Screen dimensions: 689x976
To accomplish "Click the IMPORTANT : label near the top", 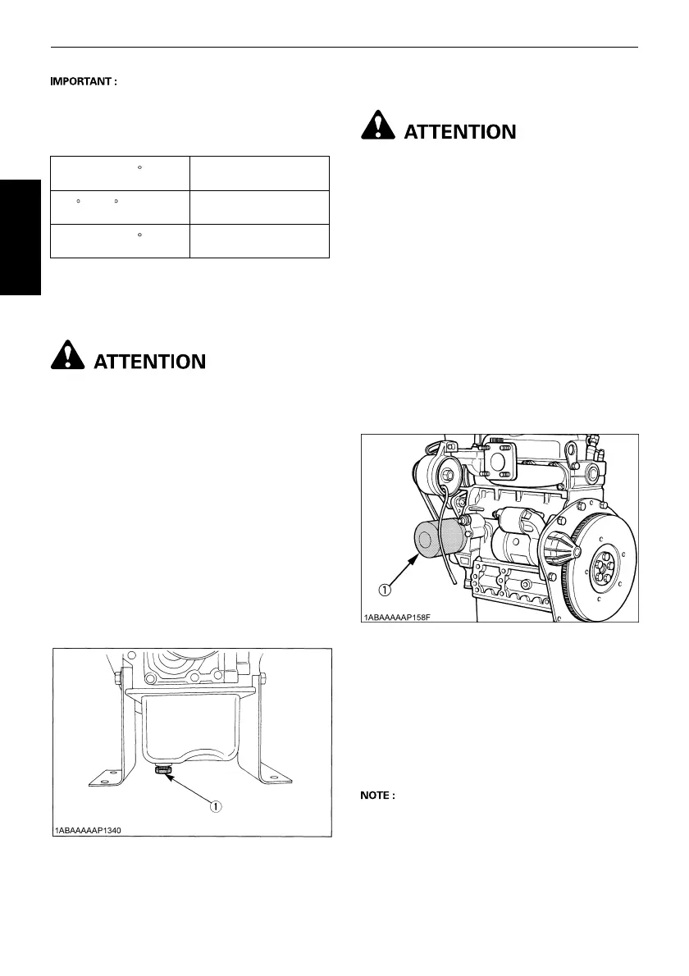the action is [x=85, y=82].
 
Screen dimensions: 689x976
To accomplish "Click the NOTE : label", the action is [x=379, y=795].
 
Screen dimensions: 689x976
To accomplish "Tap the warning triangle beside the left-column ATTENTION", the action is [x=68, y=357].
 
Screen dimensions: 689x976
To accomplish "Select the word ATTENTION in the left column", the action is [x=150, y=360].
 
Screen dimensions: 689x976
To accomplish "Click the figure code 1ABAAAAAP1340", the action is [x=88, y=831].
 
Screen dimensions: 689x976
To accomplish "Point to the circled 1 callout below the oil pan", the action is [x=215, y=805].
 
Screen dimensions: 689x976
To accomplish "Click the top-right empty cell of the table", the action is [x=259, y=173].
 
